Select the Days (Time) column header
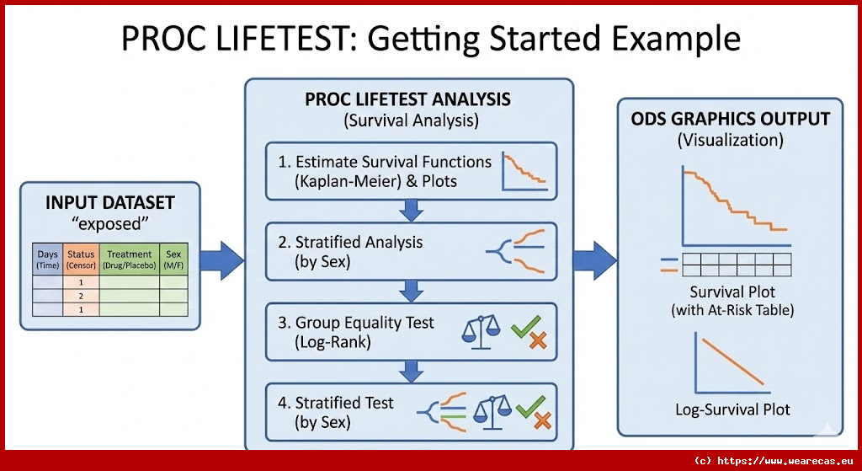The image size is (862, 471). [48, 260]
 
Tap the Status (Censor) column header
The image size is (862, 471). [82, 260]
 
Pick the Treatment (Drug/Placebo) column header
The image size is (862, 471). [129, 260]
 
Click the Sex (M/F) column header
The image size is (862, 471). [173, 260]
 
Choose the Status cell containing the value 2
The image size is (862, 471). [82, 296]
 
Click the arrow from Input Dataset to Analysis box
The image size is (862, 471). [221, 260]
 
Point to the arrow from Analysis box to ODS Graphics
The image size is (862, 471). [595, 260]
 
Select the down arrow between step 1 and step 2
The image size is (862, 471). [411, 211]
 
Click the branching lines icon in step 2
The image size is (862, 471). [516, 251]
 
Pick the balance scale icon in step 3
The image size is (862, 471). [481, 332]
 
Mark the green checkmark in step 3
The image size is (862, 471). [526, 326]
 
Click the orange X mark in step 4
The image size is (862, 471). [542, 421]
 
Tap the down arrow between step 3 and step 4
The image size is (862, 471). [411, 372]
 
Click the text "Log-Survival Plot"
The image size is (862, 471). [732, 410]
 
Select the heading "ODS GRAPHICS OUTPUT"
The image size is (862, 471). [730, 120]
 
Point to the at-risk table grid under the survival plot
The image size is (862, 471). [737, 265]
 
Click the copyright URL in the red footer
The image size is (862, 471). [774, 461]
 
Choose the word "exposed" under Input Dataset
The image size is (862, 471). [110, 224]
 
